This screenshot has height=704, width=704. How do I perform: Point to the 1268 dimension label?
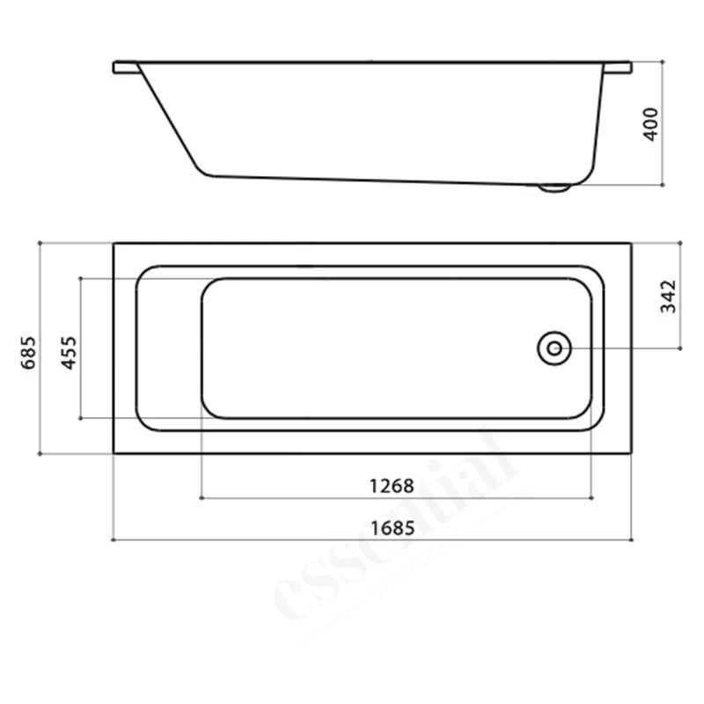392,486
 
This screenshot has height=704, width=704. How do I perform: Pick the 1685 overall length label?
392,528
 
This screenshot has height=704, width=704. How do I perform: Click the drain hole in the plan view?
554,348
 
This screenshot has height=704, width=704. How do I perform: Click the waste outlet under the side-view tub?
554,187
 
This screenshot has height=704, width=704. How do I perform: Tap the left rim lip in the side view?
126,67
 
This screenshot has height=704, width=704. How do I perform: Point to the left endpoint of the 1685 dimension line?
114,539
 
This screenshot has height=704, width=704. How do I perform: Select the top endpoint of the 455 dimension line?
80,278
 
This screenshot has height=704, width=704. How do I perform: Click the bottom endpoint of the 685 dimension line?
40,453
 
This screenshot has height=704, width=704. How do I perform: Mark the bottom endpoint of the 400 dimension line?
662,185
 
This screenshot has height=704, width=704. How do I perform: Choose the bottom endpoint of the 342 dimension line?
678,348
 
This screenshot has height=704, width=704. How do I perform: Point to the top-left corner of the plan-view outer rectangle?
114,243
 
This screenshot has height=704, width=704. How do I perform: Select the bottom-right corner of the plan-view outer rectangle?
631,453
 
